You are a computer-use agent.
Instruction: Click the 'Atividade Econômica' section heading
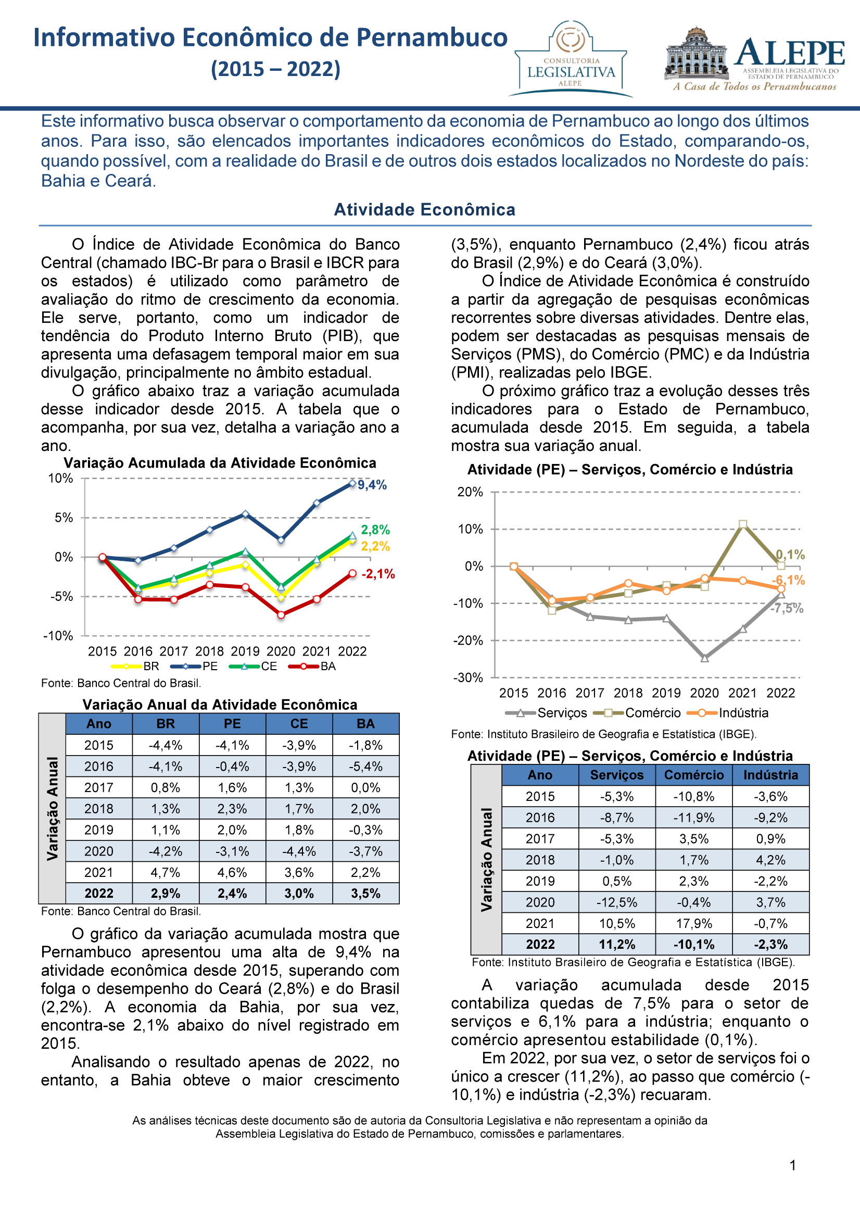(425, 209)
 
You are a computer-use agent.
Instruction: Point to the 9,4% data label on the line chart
(372, 485)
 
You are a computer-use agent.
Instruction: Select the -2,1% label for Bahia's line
(378, 573)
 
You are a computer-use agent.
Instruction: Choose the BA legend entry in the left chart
(312, 667)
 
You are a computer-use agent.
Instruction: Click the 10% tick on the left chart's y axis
(60, 479)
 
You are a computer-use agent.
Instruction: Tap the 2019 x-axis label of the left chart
(245, 651)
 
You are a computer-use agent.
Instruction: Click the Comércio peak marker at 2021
(743, 524)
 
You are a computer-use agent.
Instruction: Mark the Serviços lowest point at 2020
(705, 658)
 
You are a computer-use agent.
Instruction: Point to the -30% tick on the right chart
(468, 677)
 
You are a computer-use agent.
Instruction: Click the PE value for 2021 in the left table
(232, 872)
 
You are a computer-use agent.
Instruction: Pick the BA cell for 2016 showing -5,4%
(366, 766)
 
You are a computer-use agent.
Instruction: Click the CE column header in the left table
(299, 724)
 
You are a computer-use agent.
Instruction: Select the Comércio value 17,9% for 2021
(694, 924)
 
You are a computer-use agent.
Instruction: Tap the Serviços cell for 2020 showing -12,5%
(617, 902)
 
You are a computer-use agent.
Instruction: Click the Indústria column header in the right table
(771, 775)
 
